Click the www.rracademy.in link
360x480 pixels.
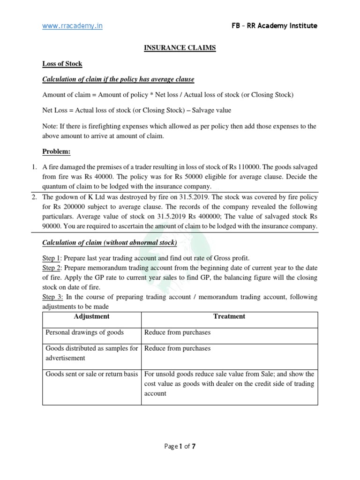point(72,26)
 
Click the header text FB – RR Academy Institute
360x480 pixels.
point(274,26)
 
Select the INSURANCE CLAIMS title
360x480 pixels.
point(180,48)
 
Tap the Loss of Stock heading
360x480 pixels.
point(62,64)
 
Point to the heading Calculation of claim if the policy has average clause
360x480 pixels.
point(118,79)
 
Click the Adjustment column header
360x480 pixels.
point(92,316)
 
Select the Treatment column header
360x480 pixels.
point(229,316)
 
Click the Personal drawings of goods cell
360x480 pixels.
point(84,332)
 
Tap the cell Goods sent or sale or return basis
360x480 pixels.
point(92,374)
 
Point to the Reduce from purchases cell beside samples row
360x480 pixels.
point(177,348)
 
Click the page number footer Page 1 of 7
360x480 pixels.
point(180,446)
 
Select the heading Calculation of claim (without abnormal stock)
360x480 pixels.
point(110,242)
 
